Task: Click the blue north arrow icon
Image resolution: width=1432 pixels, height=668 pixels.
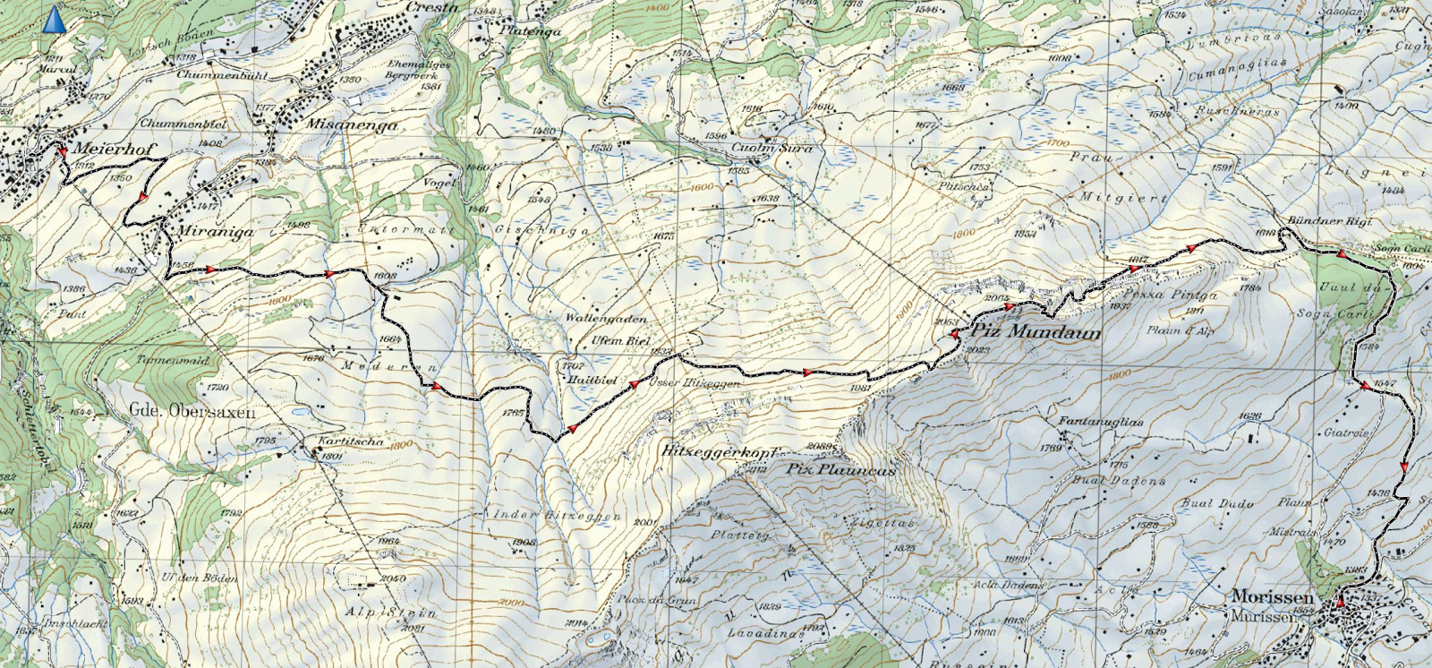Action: [x=55, y=20]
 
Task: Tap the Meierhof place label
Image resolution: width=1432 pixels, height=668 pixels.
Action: [x=109, y=149]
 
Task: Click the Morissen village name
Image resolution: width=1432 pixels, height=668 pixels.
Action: [x=1272, y=596]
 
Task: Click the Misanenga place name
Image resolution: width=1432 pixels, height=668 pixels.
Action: [x=352, y=125]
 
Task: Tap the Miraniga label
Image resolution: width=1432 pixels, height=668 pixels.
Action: [x=216, y=231]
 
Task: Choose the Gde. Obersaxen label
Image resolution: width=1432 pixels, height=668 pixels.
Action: [x=192, y=412]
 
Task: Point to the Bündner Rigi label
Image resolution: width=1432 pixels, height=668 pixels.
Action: [x=1328, y=220]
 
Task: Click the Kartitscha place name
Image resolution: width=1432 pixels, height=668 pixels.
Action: [x=351, y=441]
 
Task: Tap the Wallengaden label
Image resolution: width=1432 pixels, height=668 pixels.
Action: [x=605, y=319]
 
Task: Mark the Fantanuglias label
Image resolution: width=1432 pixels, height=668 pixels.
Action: [x=1087, y=422]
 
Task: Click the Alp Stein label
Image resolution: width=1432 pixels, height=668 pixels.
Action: [x=392, y=614]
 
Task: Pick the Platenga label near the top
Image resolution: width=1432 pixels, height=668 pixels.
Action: [x=530, y=30]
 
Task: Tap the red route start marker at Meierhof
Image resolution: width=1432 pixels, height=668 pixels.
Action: [x=63, y=152]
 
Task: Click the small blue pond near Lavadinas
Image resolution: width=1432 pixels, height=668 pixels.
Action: [x=599, y=639]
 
